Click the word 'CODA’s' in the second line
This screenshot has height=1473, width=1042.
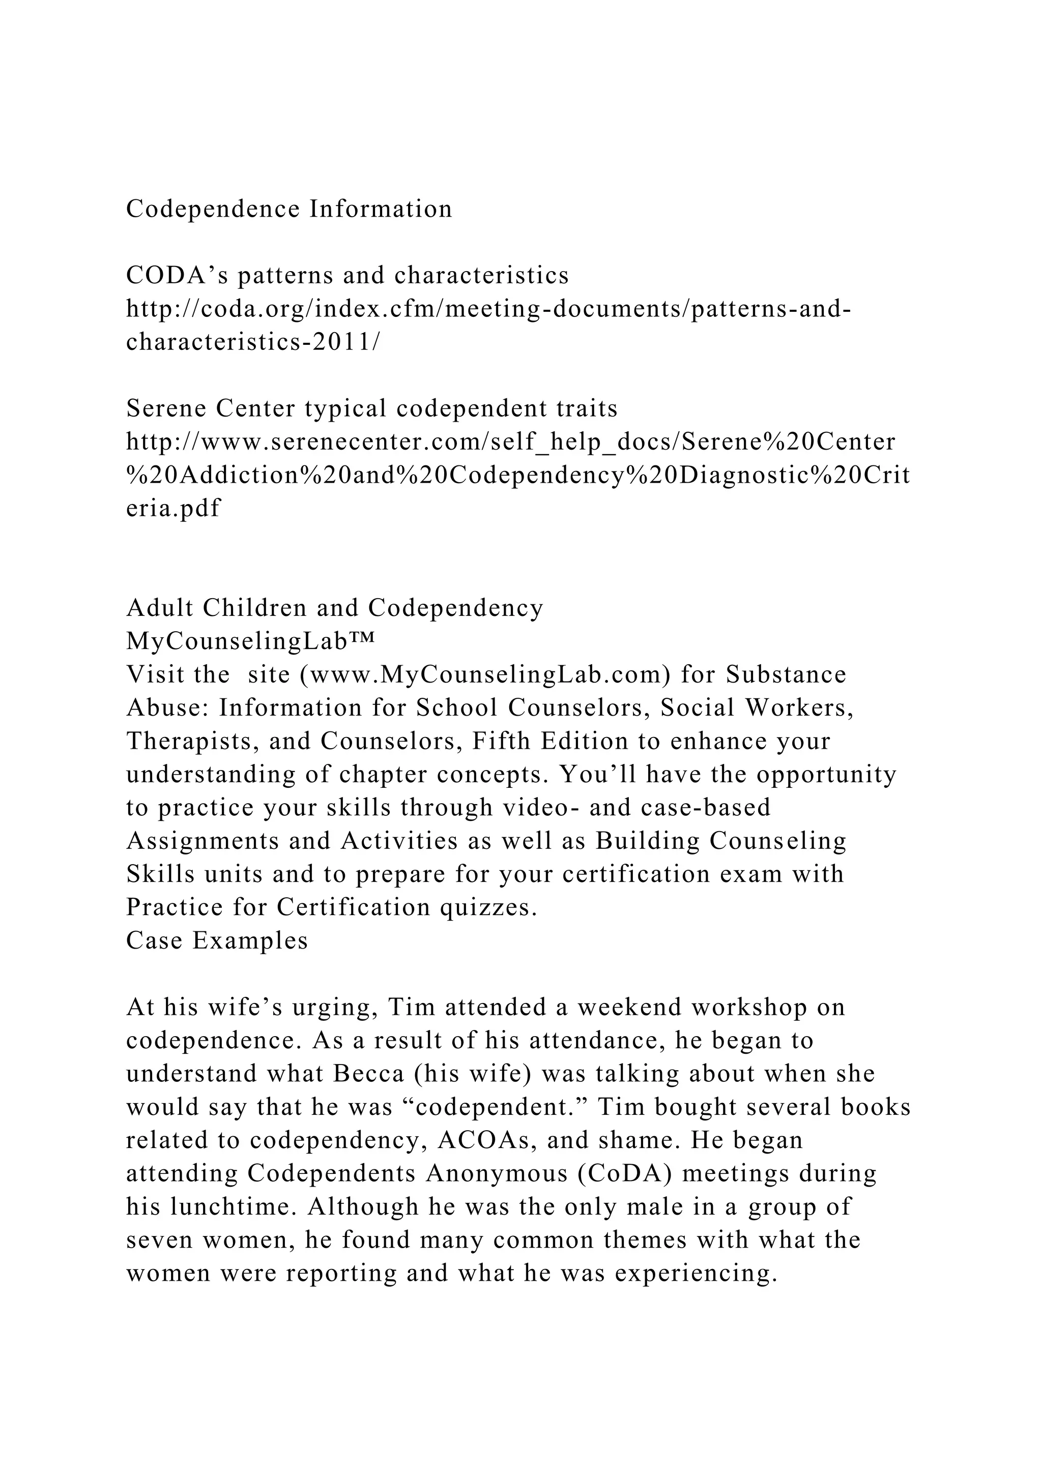tap(176, 275)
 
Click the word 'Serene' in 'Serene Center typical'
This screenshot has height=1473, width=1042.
tap(165, 408)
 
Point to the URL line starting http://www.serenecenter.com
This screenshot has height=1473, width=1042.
tap(511, 441)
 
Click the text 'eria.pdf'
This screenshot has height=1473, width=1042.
tap(173, 508)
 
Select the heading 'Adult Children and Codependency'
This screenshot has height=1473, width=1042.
tap(335, 607)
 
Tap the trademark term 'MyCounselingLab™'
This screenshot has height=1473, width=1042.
tap(250, 641)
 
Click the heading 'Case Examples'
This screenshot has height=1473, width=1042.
tap(217, 940)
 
